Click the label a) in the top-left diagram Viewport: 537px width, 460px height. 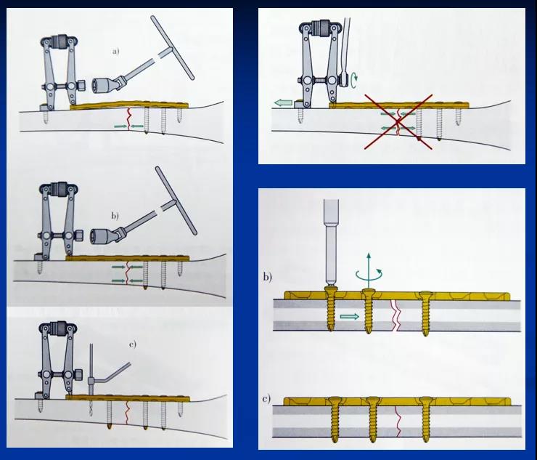click(116, 52)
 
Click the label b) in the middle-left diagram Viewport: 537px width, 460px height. click(115, 216)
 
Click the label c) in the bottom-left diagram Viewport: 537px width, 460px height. click(133, 344)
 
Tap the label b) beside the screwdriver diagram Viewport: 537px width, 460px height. click(268, 276)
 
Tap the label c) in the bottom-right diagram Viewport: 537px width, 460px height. click(266, 399)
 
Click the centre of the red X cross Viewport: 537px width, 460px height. click(398, 122)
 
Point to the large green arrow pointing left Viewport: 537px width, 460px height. click(283, 102)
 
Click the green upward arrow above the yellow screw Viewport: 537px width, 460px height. click(369, 270)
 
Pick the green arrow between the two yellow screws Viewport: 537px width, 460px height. click(350, 316)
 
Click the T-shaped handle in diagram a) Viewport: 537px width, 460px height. click(172, 47)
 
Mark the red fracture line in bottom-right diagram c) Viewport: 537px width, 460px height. click(398, 421)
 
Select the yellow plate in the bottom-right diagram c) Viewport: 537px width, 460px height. click(397, 401)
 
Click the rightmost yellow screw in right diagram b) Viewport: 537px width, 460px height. click(425, 312)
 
